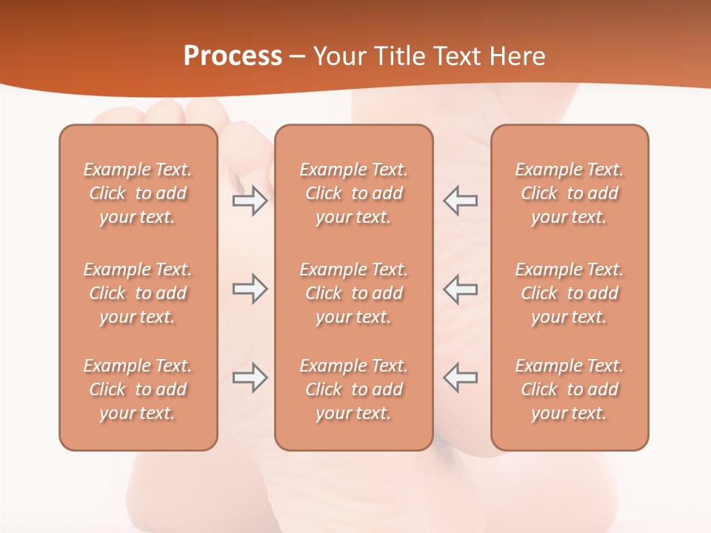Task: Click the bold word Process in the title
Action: pos(233,56)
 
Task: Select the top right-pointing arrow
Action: pos(250,201)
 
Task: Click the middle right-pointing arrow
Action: pos(250,289)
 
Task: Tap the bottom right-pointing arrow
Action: pos(250,378)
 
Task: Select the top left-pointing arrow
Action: pos(460,201)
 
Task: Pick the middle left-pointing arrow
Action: pos(460,289)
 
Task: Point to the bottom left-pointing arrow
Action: pos(460,378)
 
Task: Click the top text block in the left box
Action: pos(138,193)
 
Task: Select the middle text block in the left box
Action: pos(138,293)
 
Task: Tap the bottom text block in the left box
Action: pos(138,389)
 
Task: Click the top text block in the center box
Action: pos(353,193)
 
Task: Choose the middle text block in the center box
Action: pos(353,293)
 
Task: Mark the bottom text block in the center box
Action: pos(353,389)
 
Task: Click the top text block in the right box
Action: pos(569,193)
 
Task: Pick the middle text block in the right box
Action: pos(569,293)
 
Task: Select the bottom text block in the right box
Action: pos(569,389)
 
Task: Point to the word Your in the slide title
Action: pos(340,56)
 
